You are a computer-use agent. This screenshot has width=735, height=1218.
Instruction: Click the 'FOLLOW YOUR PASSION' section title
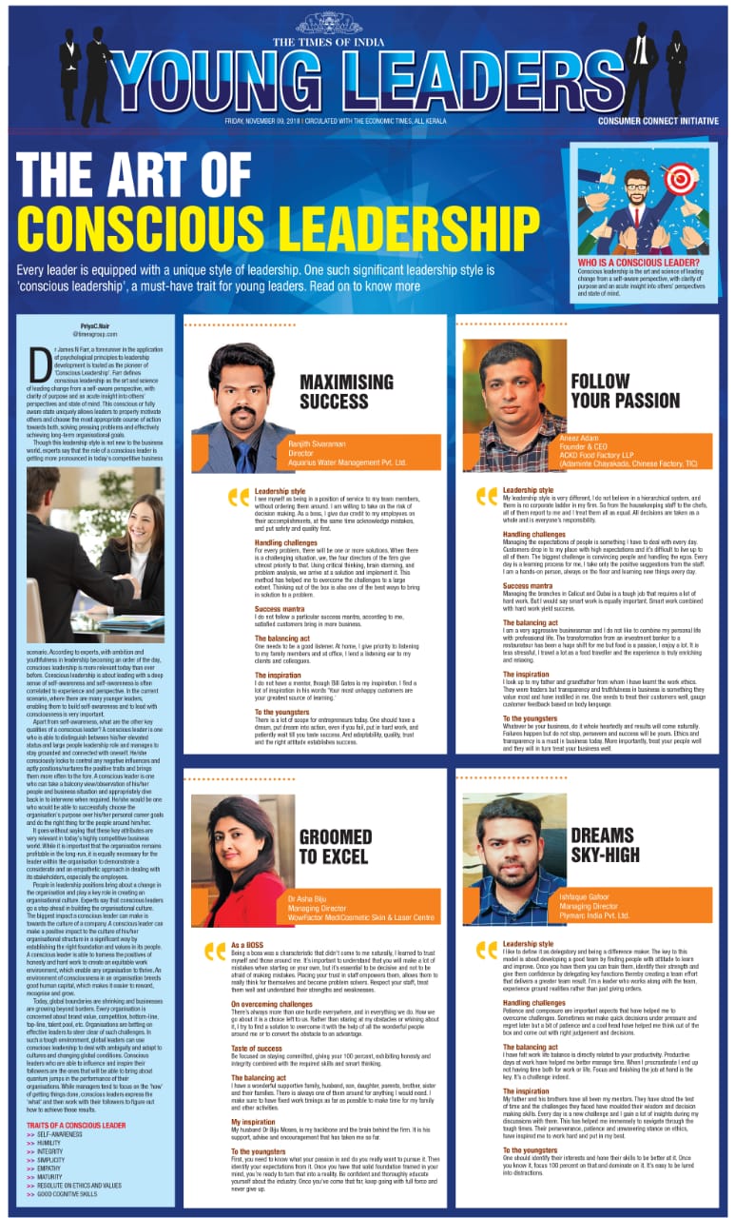click(625, 391)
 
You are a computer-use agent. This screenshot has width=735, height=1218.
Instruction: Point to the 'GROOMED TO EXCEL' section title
click(336, 846)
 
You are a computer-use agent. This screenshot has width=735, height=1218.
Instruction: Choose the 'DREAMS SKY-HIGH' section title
click(605, 845)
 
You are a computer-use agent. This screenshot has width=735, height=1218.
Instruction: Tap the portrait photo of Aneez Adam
click(514, 405)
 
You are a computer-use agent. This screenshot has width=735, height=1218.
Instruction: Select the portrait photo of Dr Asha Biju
click(238, 861)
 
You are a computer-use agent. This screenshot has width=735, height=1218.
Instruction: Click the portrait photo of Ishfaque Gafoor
click(513, 861)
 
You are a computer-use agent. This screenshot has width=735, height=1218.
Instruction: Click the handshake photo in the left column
click(94, 554)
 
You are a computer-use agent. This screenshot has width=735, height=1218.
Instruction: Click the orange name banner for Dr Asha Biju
click(361, 905)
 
